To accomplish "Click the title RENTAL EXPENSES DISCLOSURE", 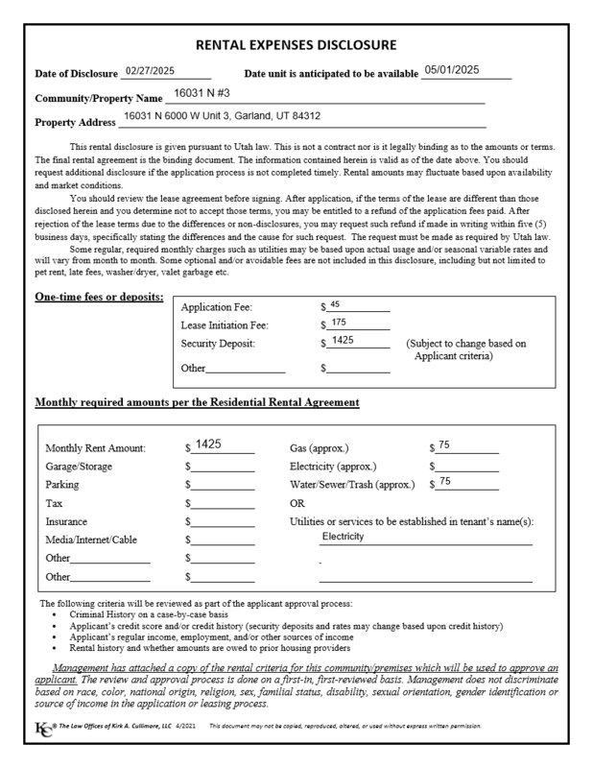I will (x=296, y=45).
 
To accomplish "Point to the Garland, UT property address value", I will (x=223, y=117).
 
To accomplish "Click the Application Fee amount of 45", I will (x=335, y=304).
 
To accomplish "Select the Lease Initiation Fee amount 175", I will (x=338, y=323).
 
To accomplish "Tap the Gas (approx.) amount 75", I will (x=444, y=444).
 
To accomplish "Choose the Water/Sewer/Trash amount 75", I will (x=445, y=481).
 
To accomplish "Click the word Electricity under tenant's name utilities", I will (x=344, y=537).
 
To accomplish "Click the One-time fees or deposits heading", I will (x=99, y=297).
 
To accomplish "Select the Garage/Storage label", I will (x=79, y=467).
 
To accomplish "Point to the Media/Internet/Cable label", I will (x=91, y=540).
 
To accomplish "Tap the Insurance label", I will (x=68, y=521).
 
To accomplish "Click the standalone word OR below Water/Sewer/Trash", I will (x=297, y=503).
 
